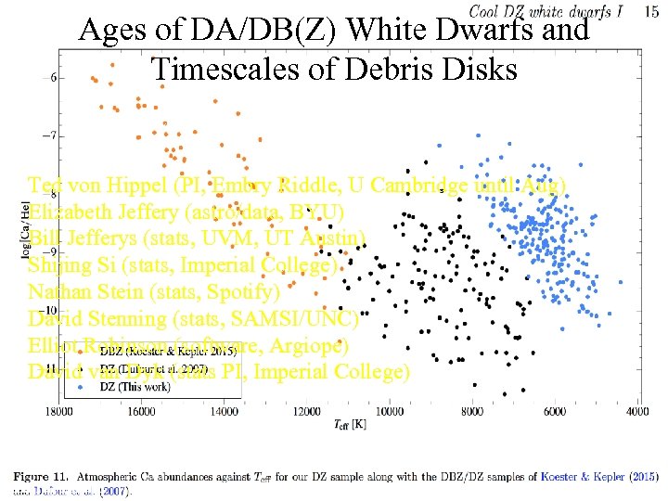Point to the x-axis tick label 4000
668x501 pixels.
(x=636, y=411)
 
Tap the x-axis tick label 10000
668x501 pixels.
(x=389, y=411)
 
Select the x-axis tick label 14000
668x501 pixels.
(x=224, y=411)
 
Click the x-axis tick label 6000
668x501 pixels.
(x=554, y=411)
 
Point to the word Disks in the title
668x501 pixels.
(x=482, y=68)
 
